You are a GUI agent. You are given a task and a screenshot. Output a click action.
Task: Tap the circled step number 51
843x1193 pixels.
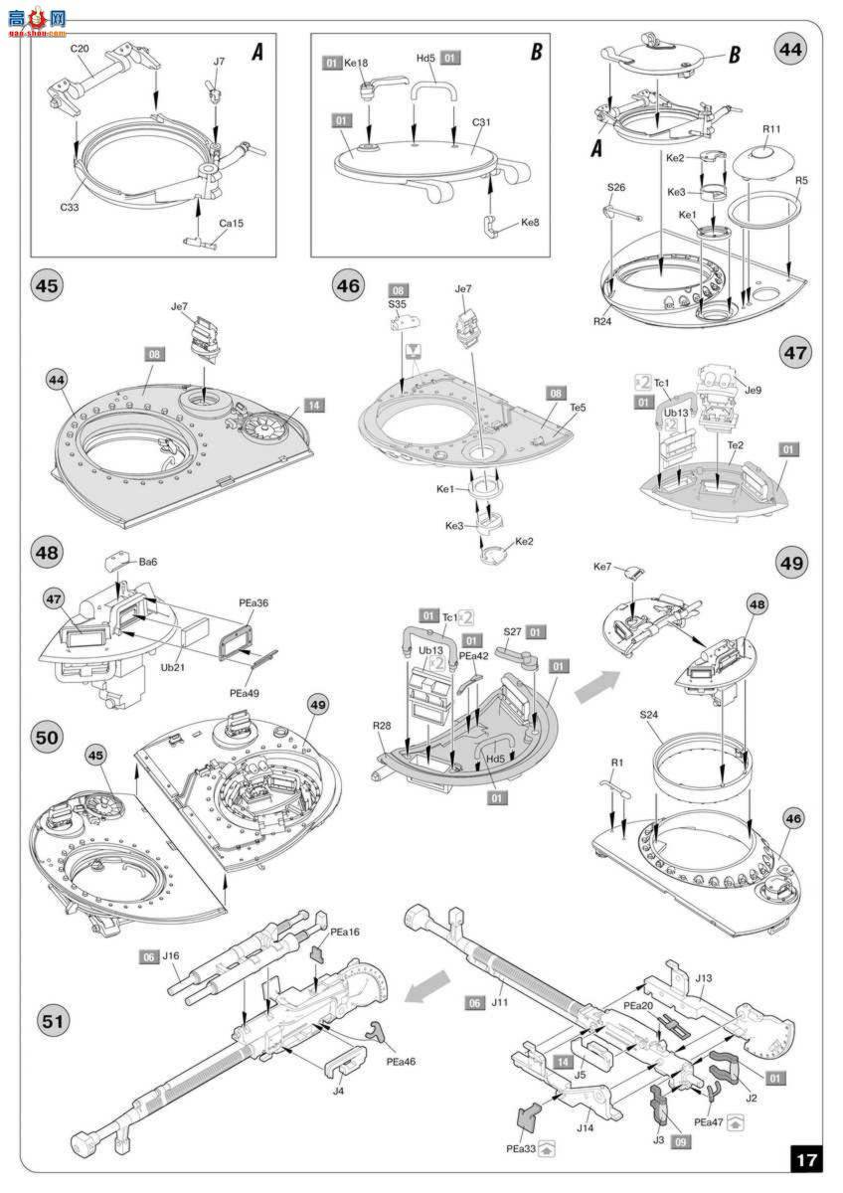pyautogui.click(x=50, y=1020)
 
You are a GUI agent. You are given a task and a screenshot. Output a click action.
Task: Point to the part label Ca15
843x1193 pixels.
pyautogui.click(x=231, y=223)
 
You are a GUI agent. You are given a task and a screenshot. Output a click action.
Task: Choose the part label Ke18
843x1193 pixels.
pyautogui.click(x=356, y=62)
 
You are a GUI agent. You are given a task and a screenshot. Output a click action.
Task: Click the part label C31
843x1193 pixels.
pyautogui.click(x=483, y=123)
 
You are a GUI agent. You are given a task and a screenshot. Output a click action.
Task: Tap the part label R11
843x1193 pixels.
pyautogui.click(x=771, y=129)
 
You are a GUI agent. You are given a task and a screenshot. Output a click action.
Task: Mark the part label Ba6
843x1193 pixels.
pyautogui.click(x=148, y=562)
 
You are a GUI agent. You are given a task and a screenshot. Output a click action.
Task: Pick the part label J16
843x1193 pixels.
pyautogui.click(x=171, y=955)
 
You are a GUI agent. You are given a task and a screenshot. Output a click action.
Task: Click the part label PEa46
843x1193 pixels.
pyautogui.click(x=403, y=1062)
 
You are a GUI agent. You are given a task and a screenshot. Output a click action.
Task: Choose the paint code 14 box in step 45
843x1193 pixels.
pyautogui.click(x=313, y=406)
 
